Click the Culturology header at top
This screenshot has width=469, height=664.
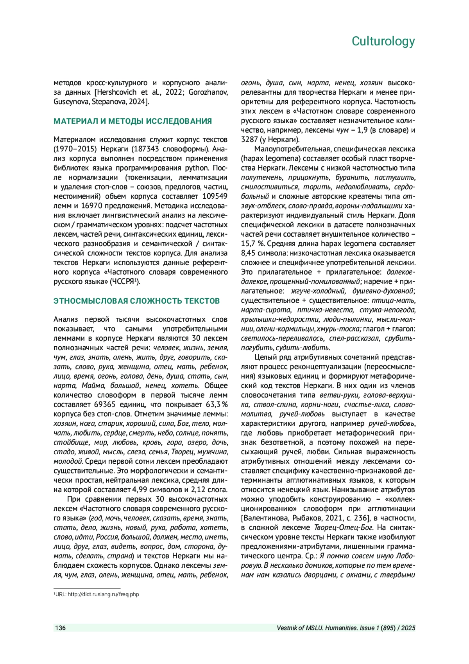(383, 41)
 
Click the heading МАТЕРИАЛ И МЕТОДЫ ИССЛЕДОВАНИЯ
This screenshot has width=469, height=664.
(132, 121)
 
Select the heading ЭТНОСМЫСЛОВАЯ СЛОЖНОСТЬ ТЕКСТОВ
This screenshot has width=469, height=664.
(136, 301)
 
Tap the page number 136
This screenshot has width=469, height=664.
(60, 628)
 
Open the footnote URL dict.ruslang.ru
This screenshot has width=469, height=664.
(103, 594)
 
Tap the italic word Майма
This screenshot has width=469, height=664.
(92, 386)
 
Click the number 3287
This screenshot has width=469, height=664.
(249, 140)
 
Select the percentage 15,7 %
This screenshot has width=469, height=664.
(251, 244)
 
